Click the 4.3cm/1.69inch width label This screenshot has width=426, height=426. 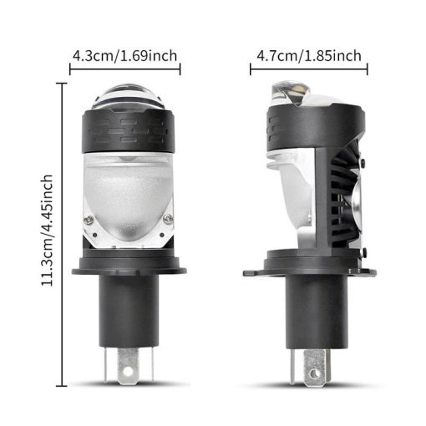(124, 57)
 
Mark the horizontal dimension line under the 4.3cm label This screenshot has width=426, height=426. (125, 73)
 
